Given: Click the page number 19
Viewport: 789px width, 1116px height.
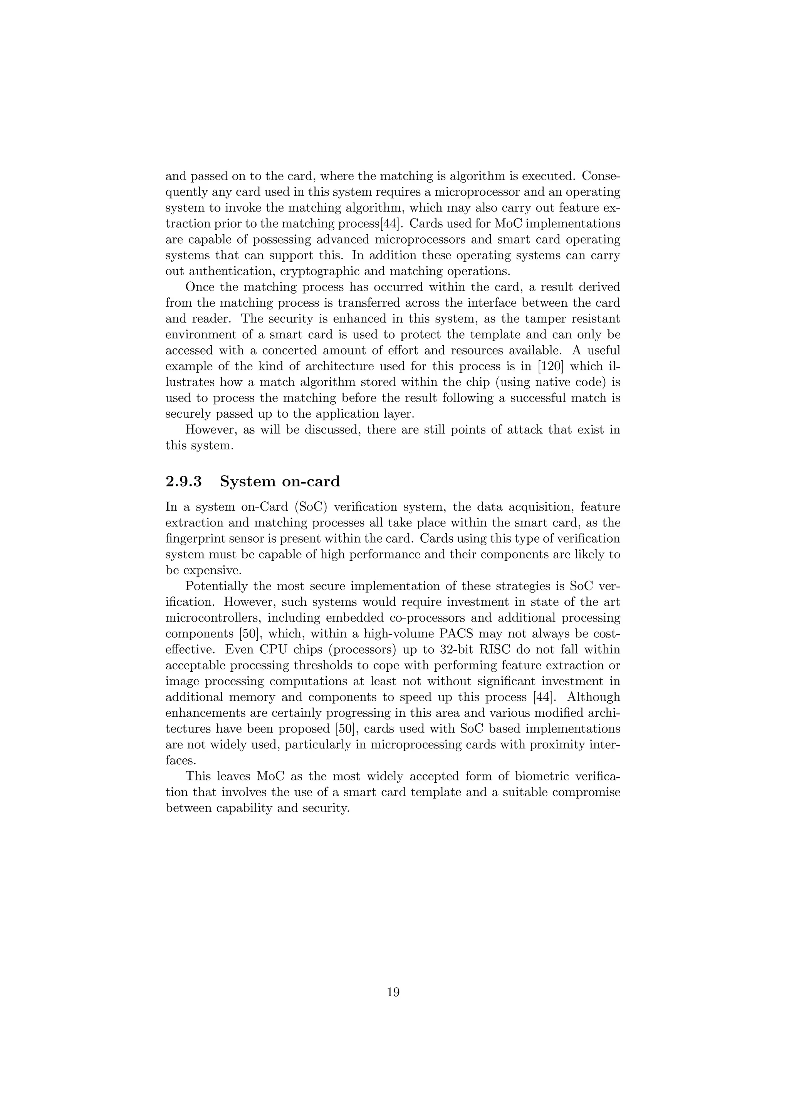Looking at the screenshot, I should point(393,992).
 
